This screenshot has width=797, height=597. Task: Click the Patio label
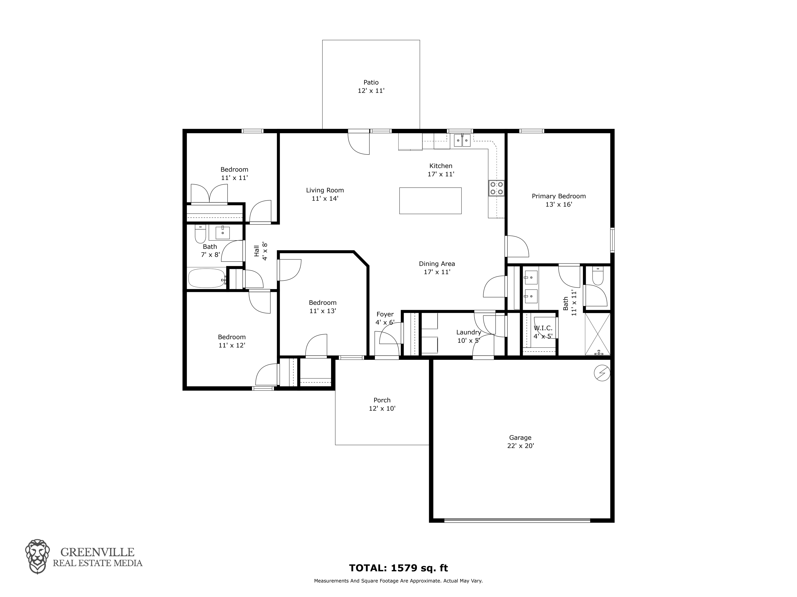[x=371, y=82]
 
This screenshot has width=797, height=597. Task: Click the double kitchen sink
[x=462, y=140]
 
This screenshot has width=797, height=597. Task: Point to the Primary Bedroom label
[x=559, y=196]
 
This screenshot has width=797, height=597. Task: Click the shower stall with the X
[x=597, y=334]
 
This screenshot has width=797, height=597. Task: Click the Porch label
[x=382, y=400]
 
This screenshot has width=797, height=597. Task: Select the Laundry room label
[x=468, y=332]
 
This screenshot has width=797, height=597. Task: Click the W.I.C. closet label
[x=543, y=328]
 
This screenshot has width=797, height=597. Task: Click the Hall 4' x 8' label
[x=261, y=251]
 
